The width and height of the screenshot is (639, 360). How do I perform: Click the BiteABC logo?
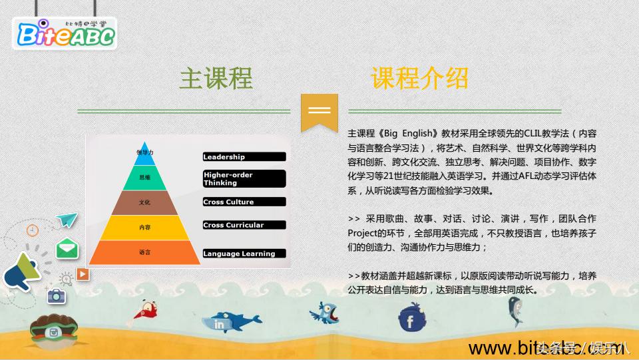coord(65,34)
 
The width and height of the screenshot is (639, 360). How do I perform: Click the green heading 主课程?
coord(216,78)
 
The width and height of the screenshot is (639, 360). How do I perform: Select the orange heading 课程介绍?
coord(419,78)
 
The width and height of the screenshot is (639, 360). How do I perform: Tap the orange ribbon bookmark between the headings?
coord(319,112)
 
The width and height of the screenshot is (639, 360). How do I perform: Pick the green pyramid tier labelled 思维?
coord(145,177)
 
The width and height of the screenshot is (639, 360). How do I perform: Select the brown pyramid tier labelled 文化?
coord(145,202)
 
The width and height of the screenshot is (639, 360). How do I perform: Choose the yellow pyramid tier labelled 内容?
coord(145,227)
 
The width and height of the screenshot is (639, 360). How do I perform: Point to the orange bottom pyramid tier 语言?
coord(145,253)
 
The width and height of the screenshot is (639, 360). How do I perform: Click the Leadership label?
coord(244,157)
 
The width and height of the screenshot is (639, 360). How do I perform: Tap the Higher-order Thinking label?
coord(244,178)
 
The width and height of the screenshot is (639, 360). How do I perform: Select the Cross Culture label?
coord(244,202)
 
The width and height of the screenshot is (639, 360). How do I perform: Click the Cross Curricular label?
coord(244,225)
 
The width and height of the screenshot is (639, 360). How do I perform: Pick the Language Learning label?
coord(244,254)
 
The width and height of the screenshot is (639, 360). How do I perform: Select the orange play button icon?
coord(83,273)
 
